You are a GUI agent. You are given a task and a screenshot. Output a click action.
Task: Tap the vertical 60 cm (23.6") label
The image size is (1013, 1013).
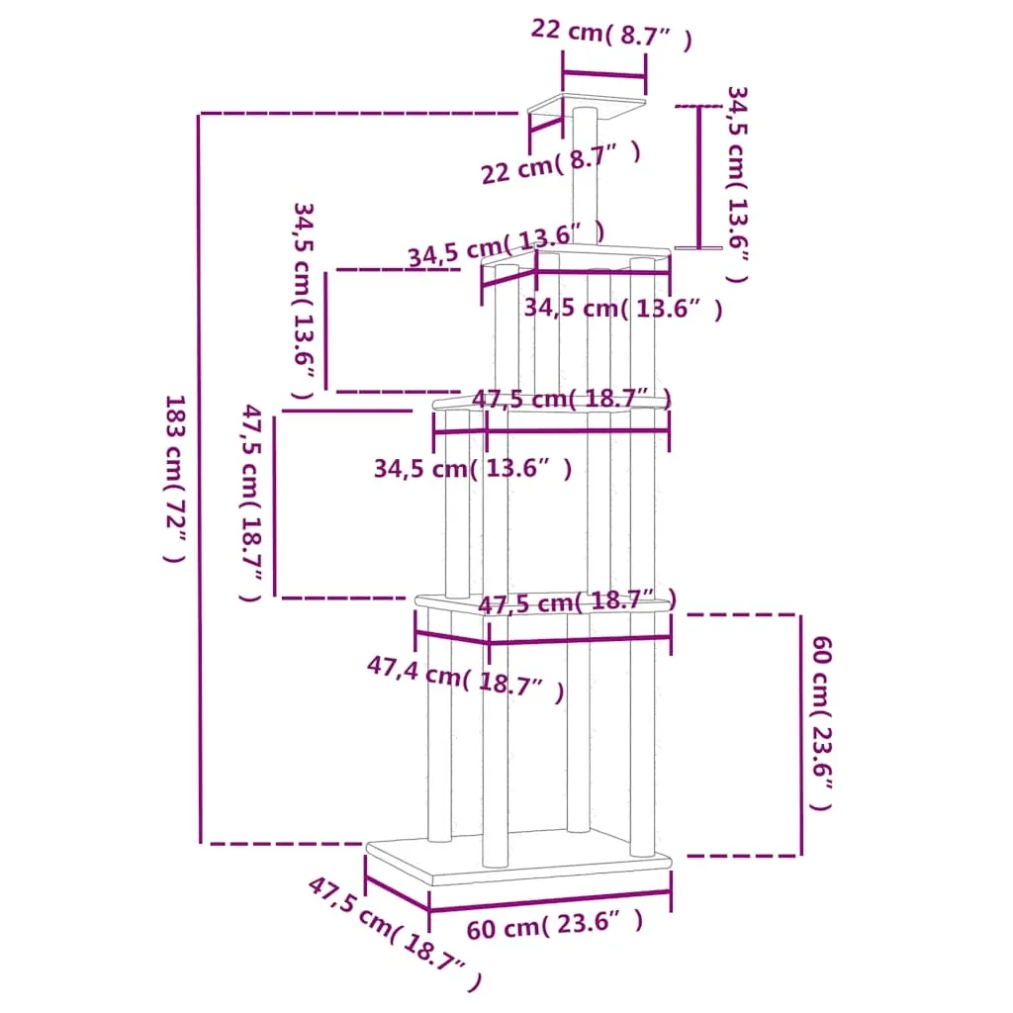coord(822,722)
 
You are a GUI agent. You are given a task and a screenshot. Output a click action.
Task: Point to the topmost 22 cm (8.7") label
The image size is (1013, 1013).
coord(611,34)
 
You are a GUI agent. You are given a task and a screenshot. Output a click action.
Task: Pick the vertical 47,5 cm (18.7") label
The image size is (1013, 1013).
coord(251,503)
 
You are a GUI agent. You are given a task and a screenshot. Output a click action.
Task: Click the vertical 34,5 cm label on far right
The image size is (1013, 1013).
coord(737,184)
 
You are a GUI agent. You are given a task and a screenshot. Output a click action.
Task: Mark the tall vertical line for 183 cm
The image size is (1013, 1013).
coord(200,479)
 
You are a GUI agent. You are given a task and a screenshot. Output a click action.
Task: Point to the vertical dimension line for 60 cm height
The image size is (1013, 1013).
coord(801,735)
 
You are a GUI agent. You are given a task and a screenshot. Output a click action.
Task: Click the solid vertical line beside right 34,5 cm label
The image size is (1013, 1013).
coord(699,176)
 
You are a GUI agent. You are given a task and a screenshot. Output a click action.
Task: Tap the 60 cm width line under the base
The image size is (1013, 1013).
coord(550,901)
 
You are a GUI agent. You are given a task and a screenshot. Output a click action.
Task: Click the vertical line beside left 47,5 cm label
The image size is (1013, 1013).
coord(275,506)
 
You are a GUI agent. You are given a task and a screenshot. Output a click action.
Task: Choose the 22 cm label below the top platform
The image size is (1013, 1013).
coord(561,163)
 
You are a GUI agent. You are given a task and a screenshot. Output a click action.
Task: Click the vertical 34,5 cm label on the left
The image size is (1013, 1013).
coord(304,301)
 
